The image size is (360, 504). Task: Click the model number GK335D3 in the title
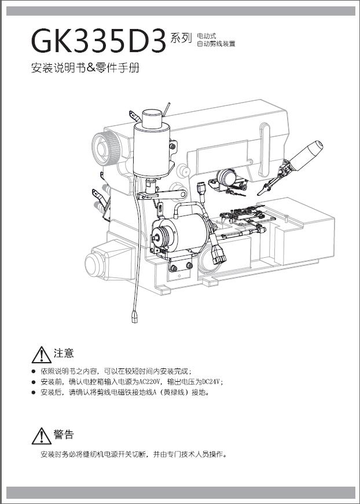pos(98,41)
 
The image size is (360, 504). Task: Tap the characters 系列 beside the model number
pos(181,38)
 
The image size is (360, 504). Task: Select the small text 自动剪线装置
pos(216,43)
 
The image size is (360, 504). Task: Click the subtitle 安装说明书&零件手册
pos(85,68)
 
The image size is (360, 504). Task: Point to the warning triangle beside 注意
pos(42,355)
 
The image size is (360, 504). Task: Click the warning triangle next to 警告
pos(42,436)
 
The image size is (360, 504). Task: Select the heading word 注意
pos(64,353)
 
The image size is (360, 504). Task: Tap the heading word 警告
pos(64,434)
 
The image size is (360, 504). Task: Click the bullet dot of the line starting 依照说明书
pos(34,371)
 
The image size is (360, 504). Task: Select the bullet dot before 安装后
pos(34,392)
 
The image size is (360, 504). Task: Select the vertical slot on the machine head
pos(265,149)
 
